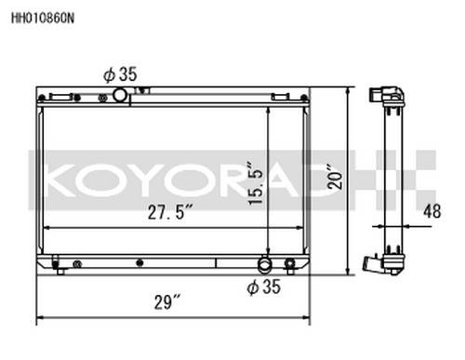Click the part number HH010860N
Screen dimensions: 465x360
pos(43,19)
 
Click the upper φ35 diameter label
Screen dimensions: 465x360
pos(120,74)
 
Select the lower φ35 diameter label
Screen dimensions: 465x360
pos(264,287)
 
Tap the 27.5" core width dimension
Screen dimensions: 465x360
pos(170,212)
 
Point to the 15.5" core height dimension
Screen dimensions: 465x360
pos(255,183)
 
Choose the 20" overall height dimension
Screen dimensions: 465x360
pos(335,176)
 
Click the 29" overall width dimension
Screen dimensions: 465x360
pos(167,302)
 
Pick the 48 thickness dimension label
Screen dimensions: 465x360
pos(432,211)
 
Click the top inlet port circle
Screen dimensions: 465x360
pos(120,95)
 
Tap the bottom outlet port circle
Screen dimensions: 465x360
pos(265,264)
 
